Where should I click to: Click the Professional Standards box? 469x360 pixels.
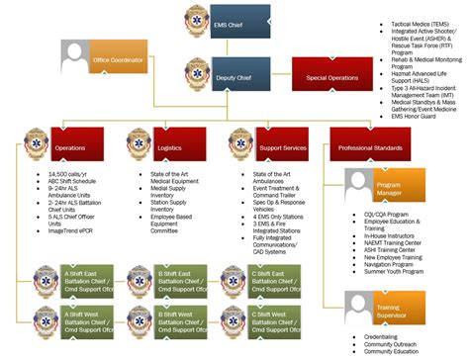tap(371, 146)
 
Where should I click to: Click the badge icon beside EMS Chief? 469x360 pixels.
tap(197, 19)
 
